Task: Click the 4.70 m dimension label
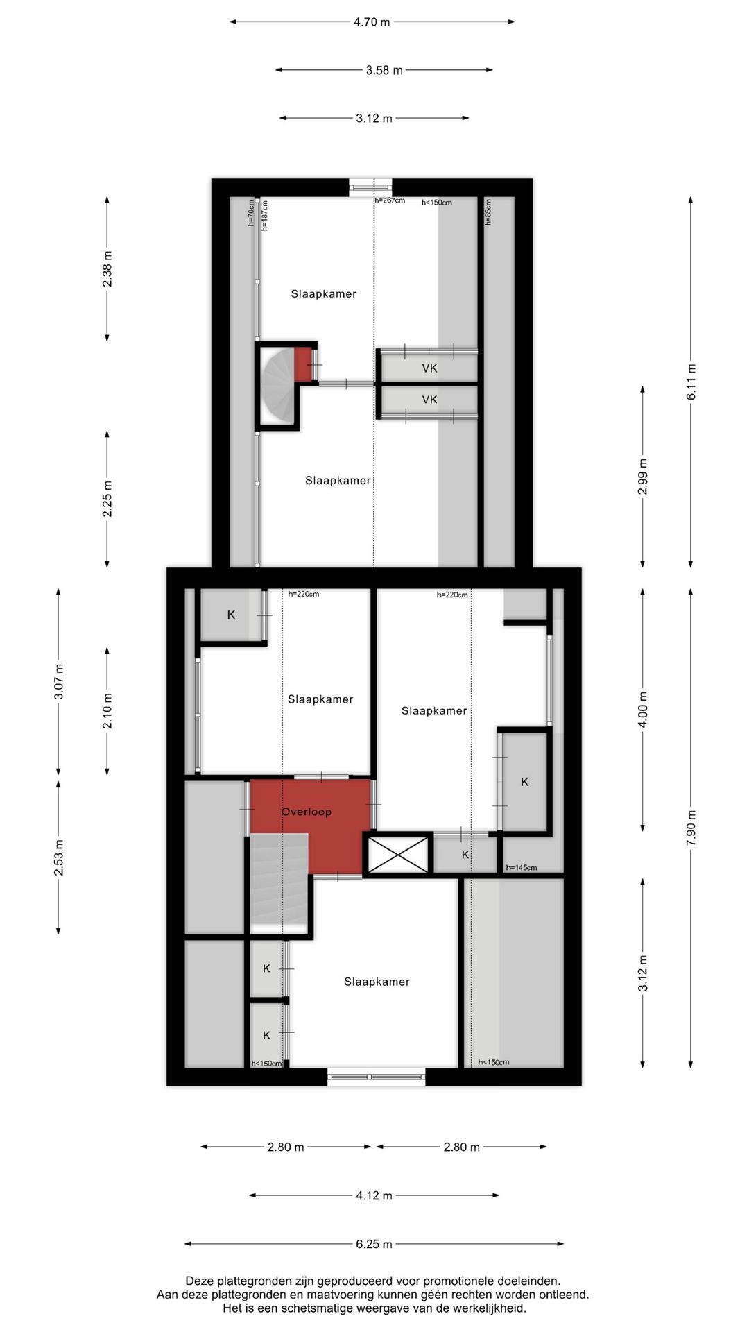372,22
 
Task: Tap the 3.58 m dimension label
384,70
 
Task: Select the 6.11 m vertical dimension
691,382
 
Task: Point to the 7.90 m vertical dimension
691,828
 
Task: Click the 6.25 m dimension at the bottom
374,1244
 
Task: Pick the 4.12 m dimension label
374,1195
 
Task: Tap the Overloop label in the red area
306,812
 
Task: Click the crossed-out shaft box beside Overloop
397,855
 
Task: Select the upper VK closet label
429,368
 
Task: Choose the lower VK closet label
429,400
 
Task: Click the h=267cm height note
389,200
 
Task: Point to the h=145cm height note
521,867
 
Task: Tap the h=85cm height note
488,212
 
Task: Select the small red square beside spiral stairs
303,364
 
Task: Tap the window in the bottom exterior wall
375,1077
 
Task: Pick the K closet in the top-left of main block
231,615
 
